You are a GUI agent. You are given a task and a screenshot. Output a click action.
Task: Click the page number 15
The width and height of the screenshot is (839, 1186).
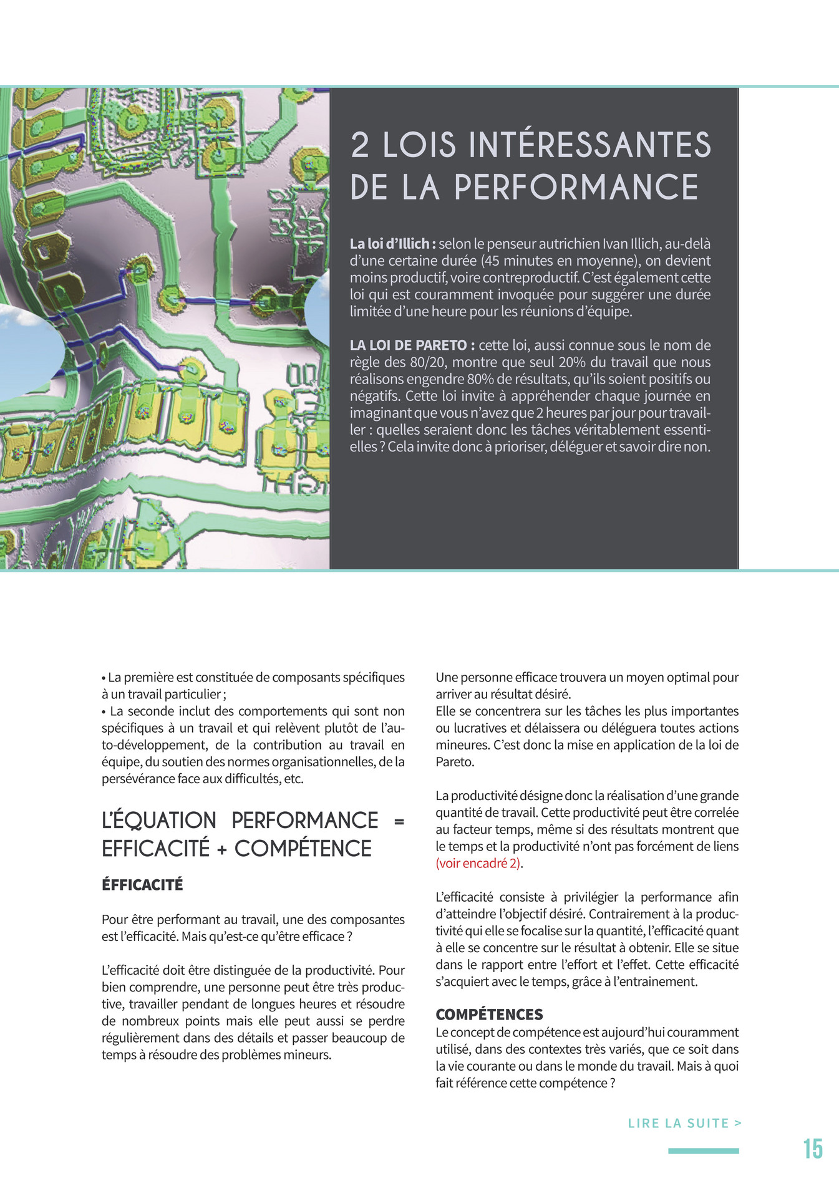point(813,1149)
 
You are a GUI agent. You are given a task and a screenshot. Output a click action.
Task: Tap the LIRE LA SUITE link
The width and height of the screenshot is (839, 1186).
point(684,1123)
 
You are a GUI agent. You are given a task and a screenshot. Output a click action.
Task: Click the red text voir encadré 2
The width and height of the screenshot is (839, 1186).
point(478,863)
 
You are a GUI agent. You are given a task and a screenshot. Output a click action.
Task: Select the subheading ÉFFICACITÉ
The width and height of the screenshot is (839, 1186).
point(142,885)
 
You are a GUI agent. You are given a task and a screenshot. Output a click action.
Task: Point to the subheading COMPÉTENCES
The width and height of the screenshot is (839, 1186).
point(489,1015)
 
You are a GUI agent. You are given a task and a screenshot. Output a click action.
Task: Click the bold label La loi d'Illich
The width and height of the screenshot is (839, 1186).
point(392,244)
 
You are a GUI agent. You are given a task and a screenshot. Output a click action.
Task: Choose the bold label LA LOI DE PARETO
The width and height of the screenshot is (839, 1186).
point(412,345)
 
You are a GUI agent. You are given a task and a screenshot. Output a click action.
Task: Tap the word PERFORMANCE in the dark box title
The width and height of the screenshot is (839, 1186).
point(576,187)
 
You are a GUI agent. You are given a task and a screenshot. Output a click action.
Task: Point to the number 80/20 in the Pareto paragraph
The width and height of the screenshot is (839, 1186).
point(427,362)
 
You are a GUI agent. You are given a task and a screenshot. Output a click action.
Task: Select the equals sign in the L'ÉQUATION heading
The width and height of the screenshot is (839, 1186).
point(399,821)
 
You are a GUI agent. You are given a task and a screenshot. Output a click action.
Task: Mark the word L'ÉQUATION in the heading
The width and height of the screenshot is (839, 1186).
point(158,821)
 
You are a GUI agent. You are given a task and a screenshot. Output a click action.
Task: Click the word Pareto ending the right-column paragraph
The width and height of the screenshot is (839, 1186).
point(453,761)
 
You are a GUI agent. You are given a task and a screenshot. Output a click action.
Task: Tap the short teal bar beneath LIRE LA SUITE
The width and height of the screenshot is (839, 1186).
point(703,1151)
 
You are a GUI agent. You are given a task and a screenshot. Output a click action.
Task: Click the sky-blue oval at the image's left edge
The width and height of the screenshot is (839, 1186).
point(28,352)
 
